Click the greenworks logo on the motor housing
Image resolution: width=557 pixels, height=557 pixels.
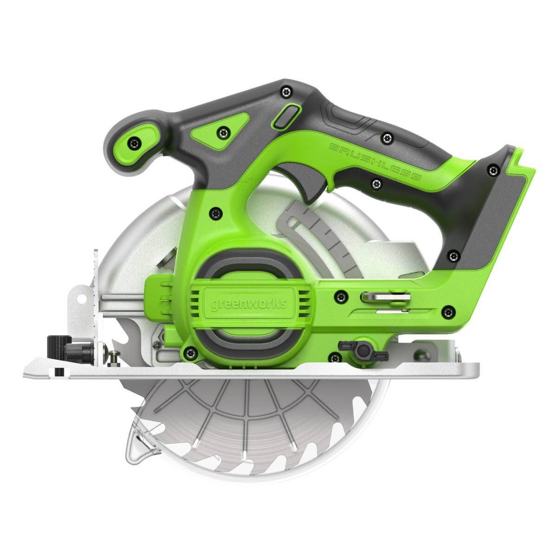click(249, 304)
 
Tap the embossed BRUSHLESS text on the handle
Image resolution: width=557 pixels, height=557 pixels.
click(375, 162)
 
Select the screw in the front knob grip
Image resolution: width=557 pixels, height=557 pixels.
click(135, 142)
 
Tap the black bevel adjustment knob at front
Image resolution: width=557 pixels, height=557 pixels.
click(59, 349)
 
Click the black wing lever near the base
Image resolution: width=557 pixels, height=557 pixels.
click(363, 350)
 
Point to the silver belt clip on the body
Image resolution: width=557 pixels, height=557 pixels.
click(385, 297)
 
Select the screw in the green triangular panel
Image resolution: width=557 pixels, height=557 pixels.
click(223, 133)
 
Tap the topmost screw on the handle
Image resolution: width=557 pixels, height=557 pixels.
click(286, 91)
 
